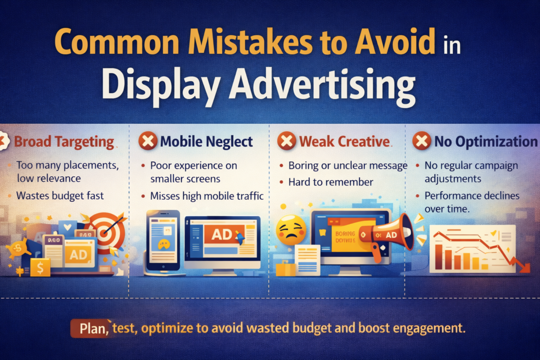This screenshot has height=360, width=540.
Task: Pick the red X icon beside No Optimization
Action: (x=421, y=141)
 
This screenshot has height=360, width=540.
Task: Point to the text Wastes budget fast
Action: (x=60, y=196)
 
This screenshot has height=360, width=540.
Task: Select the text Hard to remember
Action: (x=331, y=182)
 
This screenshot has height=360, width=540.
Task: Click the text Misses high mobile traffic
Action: (x=207, y=196)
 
